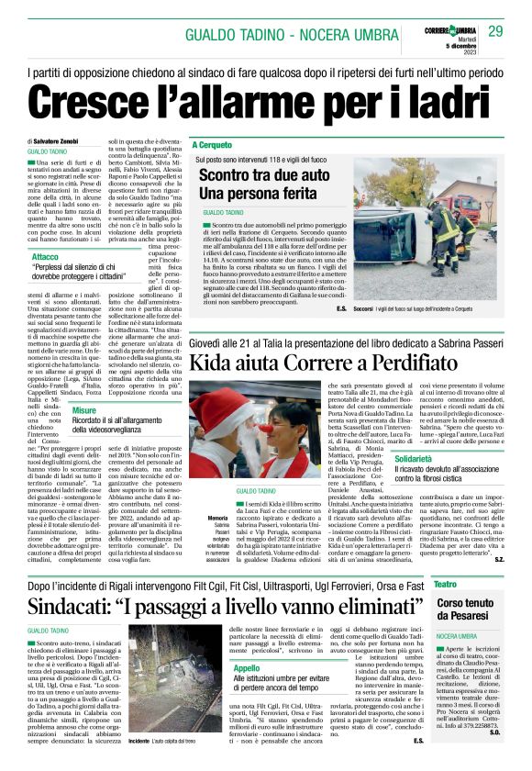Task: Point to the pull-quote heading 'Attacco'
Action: (x=46, y=257)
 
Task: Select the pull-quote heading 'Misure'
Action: (x=84, y=410)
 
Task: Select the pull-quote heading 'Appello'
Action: (x=247, y=668)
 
